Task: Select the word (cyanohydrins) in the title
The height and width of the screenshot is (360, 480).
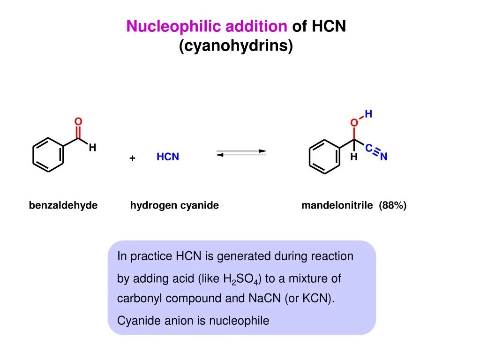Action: pos(236,46)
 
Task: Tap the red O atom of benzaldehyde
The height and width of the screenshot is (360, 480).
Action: pos(78,122)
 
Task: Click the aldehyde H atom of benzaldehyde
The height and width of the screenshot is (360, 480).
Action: pos(93,148)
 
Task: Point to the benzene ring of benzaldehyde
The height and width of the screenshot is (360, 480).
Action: pos(48,153)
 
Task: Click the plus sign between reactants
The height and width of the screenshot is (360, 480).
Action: pos(133,158)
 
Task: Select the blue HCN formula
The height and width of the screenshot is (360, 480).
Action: pos(168,157)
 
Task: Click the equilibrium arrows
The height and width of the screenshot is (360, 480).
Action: pos(241,153)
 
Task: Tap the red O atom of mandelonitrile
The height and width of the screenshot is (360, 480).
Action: pos(354,123)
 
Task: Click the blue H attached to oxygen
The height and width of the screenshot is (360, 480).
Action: pos(368,114)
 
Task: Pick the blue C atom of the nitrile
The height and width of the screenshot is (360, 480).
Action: pos(369,149)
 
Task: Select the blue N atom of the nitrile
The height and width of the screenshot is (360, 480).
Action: pos(383,157)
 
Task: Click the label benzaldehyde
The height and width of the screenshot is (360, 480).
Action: pos(63,205)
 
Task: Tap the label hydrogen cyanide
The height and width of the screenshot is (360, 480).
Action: pos(174,205)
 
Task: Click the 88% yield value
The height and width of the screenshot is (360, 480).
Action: pos(393,205)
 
